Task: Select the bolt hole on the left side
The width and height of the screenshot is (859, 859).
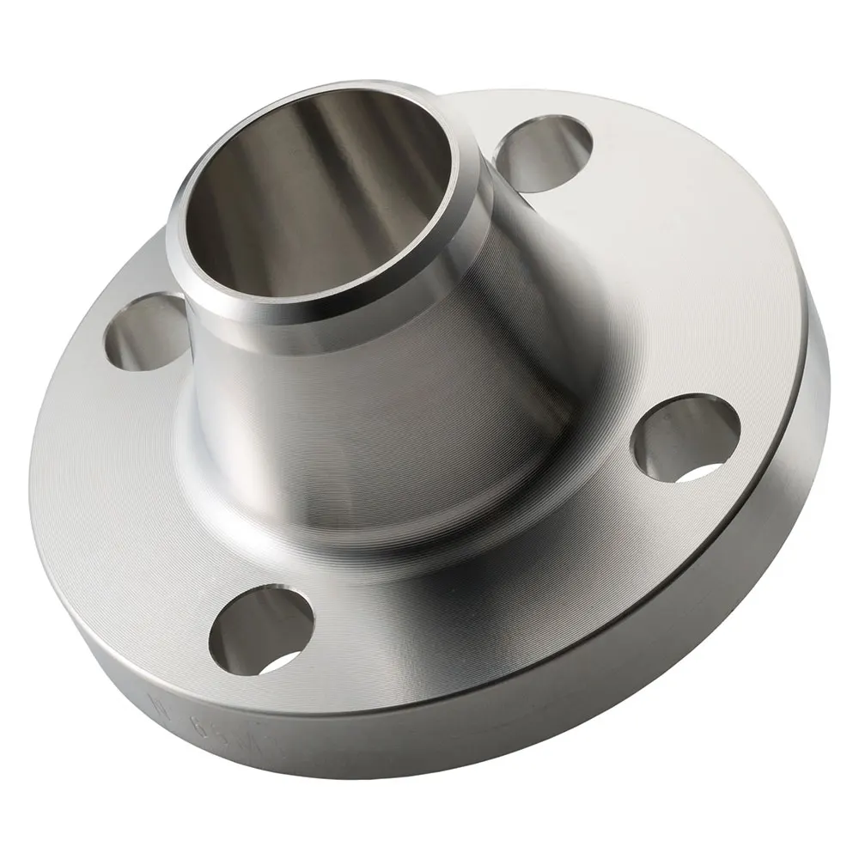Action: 143,331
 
